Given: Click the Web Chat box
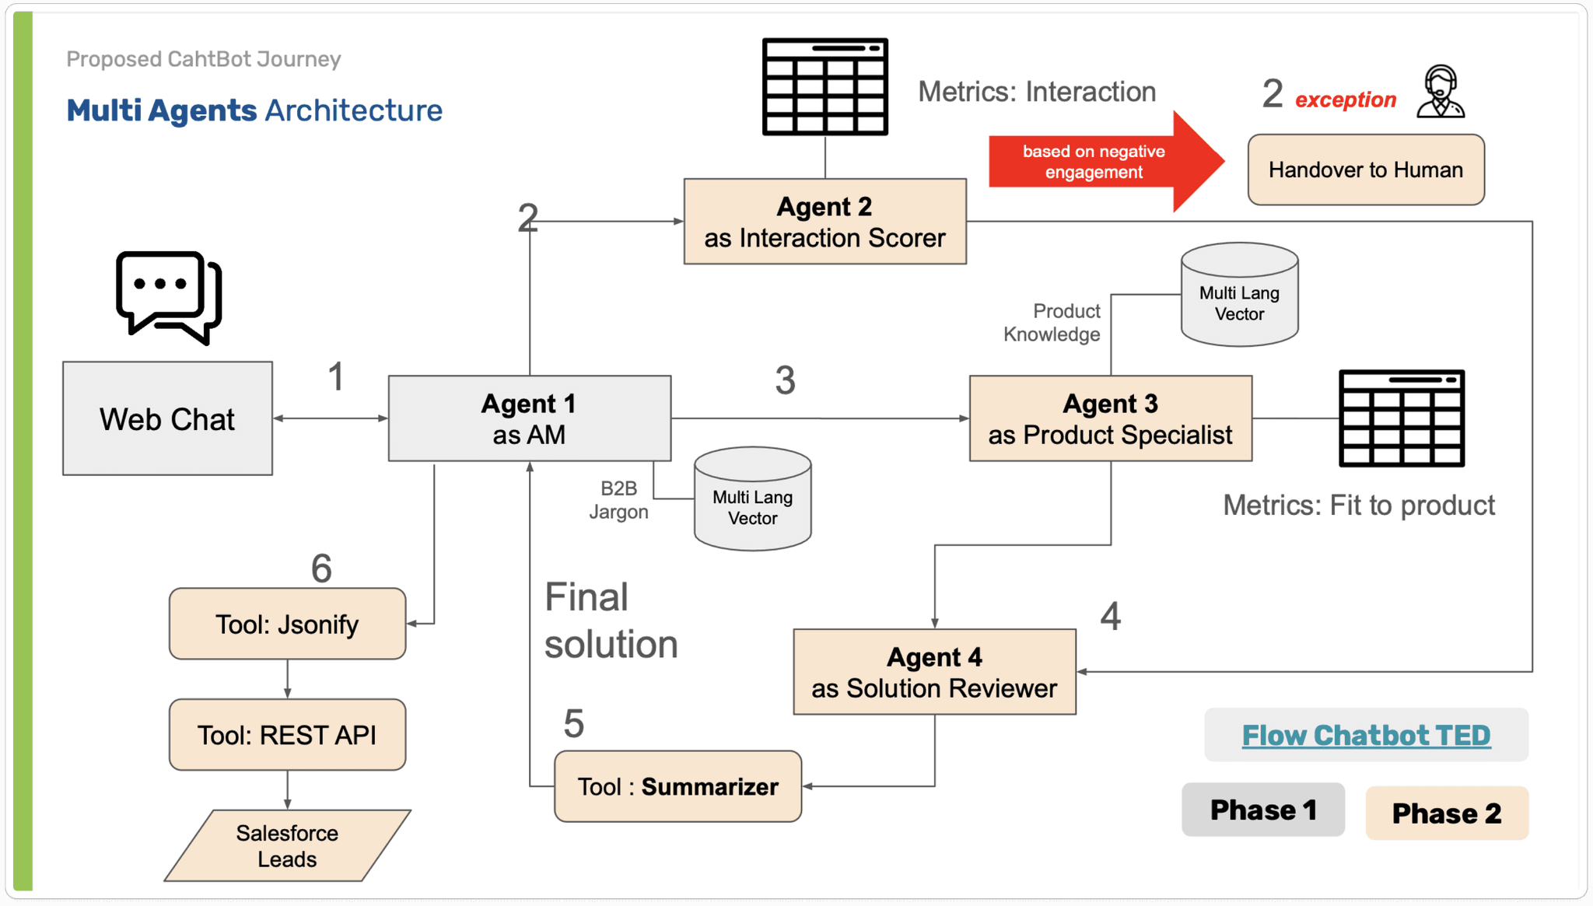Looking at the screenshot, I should point(167,418).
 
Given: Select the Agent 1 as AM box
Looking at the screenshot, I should point(529,418).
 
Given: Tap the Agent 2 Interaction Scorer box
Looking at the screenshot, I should point(825,222).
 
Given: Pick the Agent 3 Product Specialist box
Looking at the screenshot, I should point(1110,418).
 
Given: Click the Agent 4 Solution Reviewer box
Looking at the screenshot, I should point(934,672).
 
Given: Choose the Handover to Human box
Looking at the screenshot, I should point(1366,170).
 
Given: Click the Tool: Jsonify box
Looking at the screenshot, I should point(287,624).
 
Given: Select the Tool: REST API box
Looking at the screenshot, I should point(287,735).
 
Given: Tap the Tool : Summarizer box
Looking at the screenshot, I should point(677,786).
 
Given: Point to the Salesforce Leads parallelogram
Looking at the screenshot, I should point(287,846).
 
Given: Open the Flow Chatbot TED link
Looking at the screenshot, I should point(1366,735).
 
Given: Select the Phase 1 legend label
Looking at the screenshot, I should point(1263,810).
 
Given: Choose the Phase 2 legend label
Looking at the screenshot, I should point(1447,813).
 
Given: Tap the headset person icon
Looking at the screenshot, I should point(1441,92).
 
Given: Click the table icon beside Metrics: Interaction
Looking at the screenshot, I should point(825,86).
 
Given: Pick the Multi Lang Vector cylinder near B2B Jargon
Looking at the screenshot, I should point(752,499).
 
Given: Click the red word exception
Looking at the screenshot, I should point(1345,100).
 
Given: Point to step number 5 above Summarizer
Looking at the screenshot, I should point(573,724).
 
